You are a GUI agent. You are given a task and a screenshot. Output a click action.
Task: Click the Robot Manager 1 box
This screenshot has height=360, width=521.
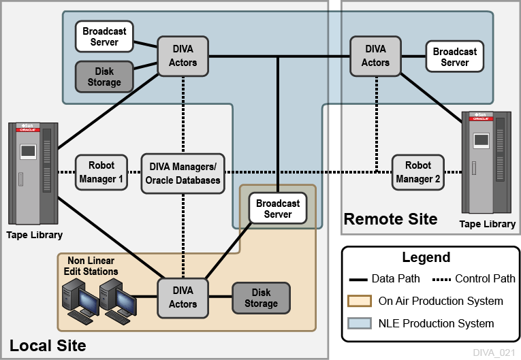coord(101,173)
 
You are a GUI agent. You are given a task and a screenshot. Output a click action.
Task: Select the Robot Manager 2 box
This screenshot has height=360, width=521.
coord(417,172)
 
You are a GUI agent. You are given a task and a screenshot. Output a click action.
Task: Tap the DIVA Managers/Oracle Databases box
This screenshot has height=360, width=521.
coord(183,173)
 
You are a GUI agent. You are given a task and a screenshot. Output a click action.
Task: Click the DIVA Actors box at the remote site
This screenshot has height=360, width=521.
coord(375,56)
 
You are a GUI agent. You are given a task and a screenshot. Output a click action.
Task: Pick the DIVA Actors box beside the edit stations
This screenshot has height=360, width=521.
coord(183,297)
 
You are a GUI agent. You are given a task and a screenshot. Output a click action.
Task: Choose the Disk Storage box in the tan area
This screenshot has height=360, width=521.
coord(261,297)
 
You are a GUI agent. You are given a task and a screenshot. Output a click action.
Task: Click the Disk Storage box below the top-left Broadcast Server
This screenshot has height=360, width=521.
coord(104,77)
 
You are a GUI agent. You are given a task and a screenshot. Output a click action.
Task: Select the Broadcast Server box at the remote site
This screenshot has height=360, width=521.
coord(454,56)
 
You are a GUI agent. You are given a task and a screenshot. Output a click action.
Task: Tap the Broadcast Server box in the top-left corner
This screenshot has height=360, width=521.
coord(104,37)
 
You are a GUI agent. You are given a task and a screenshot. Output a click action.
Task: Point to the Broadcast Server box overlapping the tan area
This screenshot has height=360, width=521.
coord(278,208)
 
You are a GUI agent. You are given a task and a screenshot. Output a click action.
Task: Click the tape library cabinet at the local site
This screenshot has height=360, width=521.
coord(32,174)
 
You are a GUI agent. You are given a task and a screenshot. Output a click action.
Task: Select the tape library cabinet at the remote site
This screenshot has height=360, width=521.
coord(486,163)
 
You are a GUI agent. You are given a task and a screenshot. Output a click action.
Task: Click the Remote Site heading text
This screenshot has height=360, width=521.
coord(390,219)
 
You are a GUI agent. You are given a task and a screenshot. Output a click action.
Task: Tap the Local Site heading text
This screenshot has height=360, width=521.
coord(48,345)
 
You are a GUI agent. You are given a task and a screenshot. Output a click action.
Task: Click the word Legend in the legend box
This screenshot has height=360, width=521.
coord(426,257)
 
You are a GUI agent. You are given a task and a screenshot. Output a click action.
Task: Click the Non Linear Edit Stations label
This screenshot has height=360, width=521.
coord(93,266)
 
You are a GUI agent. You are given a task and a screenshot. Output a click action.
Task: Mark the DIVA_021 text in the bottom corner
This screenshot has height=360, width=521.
coord(494,352)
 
